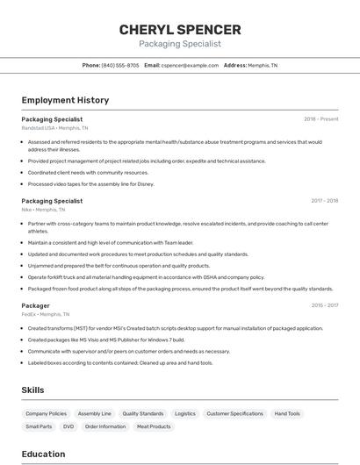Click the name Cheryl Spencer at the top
click(180, 29)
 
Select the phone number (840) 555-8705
click(119, 65)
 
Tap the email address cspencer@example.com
click(190, 65)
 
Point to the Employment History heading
click(65, 101)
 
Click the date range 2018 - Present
click(321, 118)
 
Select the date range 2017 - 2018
click(324, 200)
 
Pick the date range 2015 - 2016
click(324, 305)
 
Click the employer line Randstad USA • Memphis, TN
click(54, 128)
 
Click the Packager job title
click(36, 305)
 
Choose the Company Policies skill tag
click(46, 413)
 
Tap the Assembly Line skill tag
click(94, 413)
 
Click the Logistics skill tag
click(184, 413)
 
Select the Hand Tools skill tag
click(287, 413)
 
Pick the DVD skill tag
click(68, 426)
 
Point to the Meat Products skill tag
click(154, 426)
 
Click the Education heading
click(44, 454)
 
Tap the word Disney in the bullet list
click(145, 184)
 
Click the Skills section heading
click(33, 390)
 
